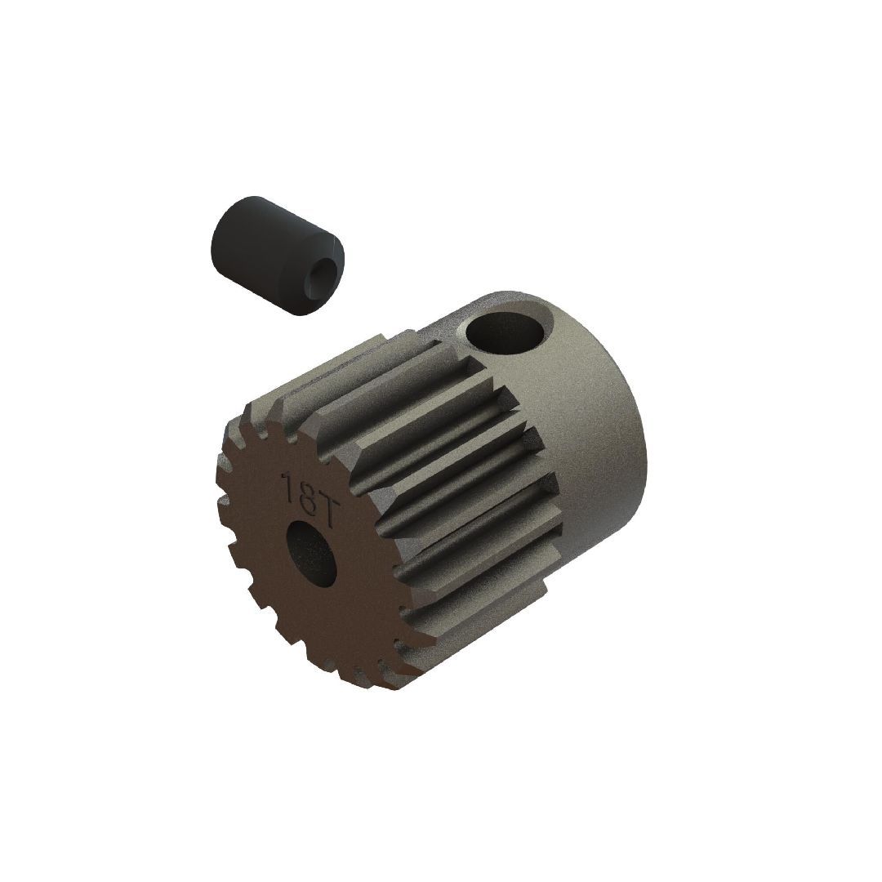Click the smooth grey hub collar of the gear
coord(588,425)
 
